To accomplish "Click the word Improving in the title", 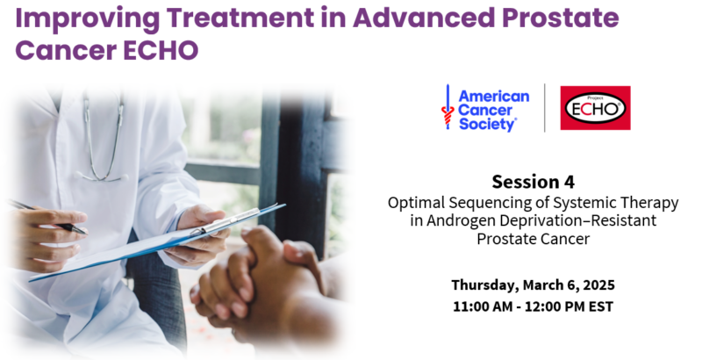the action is point(87,18).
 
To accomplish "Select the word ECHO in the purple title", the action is point(161,50).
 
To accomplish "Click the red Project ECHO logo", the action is point(595,108).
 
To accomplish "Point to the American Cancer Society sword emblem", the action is point(448,107).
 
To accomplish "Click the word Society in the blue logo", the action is point(487,124).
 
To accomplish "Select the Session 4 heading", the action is point(533,182).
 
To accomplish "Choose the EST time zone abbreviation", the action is point(602,306).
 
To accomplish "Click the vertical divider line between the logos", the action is point(545,108).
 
